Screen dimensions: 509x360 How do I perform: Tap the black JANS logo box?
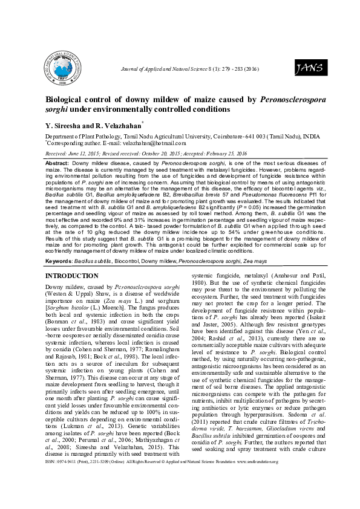pyautogui.click(x=306, y=69)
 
